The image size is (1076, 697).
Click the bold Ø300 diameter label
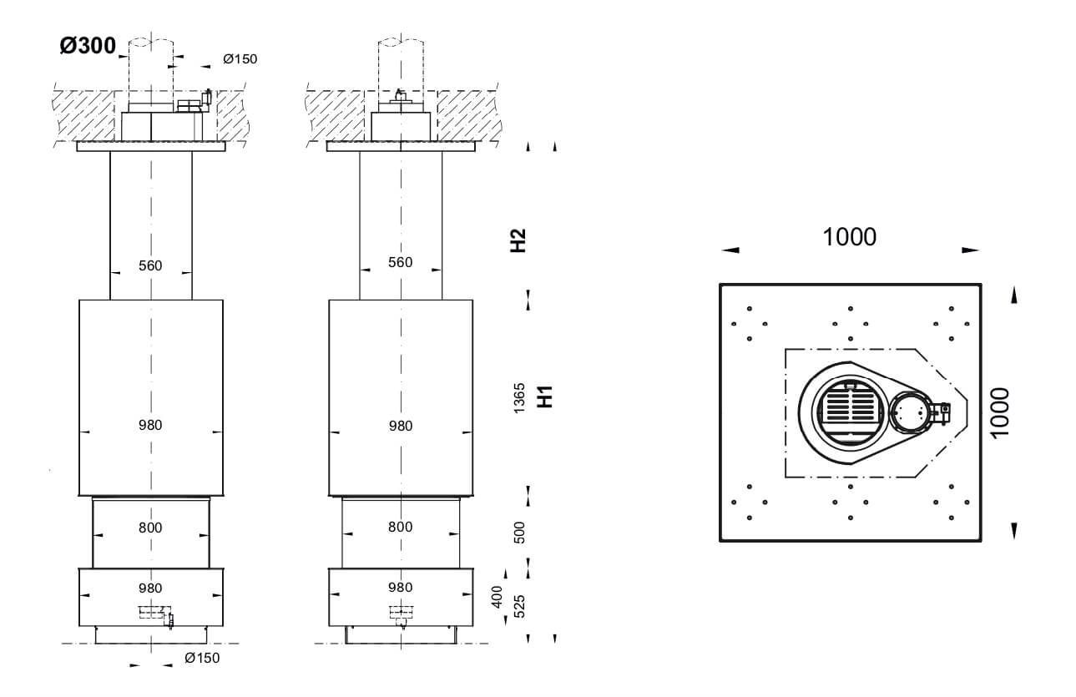click(88, 46)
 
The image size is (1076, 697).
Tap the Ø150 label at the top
click(240, 59)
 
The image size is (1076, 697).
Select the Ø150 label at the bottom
click(202, 658)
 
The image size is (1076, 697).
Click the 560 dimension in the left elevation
click(150, 265)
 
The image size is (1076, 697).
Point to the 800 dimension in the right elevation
click(400, 527)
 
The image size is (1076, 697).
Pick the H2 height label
click(518, 240)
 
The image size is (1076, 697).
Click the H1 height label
click(545, 396)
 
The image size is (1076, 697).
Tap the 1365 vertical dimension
click(519, 398)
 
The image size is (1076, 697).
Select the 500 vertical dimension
click(520, 533)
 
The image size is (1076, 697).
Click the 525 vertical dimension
click(520, 606)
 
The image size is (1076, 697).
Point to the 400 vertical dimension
click(498, 597)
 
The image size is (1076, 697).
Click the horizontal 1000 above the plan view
click(849, 237)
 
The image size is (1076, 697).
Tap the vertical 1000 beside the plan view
click(1000, 412)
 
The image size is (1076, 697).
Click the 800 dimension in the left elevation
click(150, 528)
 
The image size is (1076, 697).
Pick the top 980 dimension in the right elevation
click(401, 426)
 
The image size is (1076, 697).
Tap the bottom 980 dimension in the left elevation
click(150, 588)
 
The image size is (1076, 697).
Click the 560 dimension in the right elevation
click(400, 262)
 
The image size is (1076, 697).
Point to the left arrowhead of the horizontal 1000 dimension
click(730, 250)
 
